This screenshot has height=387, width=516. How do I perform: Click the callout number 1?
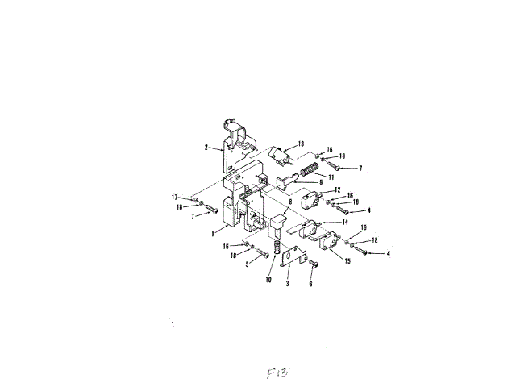[x=212, y=233]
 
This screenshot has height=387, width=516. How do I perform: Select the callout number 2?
[x=206, y=148]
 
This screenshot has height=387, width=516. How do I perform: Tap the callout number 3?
[x=287, y=285]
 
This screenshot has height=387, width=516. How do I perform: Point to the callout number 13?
[x=301, y=144]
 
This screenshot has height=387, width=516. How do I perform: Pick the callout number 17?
[x=174, y=198]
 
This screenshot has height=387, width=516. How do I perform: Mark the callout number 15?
[x=347, y=262]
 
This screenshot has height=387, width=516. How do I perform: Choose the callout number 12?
[x=338, y=189]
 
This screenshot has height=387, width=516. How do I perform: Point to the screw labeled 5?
[x=260, y=256]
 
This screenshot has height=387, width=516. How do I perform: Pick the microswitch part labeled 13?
[x=279, y=152]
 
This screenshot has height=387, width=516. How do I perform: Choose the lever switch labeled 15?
[x=329, y=241]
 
